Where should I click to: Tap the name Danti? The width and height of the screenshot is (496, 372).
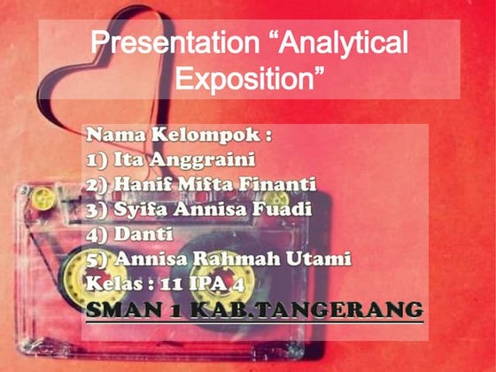click(141, 235)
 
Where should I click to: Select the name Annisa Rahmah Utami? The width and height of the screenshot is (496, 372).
click(232, 260)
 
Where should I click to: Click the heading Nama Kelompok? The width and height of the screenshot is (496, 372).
click(176, 136)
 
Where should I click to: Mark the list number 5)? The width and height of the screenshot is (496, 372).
click(97, 260)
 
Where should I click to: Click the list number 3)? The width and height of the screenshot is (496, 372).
click(97, 210)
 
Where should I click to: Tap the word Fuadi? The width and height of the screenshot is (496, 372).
click(289, 210)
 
